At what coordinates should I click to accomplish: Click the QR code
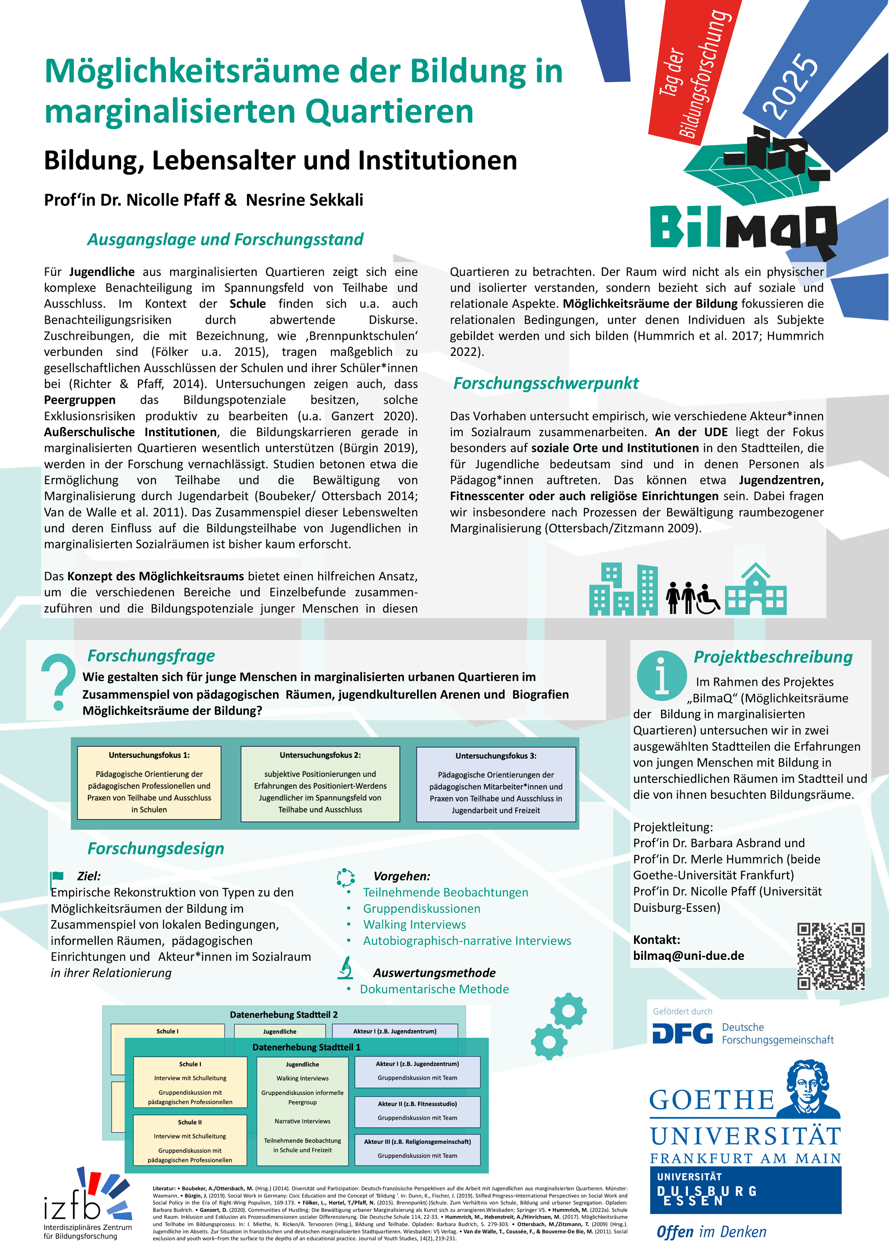(x=831, y=956)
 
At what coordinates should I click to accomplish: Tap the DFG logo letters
(x=682, y=1033)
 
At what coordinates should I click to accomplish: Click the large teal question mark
(x=58, y=682)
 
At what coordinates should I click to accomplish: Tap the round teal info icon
(x=661, y=676)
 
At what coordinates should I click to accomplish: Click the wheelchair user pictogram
(x=707, y=599)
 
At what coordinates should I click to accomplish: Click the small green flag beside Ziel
(x=57, y=876)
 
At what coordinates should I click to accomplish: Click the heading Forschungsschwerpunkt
(x=546, y=383)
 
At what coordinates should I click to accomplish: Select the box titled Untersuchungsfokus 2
(x=320, y=783)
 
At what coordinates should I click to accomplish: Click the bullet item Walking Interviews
(x=414, y=924)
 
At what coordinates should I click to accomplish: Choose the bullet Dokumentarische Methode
(x=434, y=989)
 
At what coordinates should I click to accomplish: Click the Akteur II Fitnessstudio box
(x=417, y=1111)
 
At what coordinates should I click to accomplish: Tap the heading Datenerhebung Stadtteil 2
(x=284, y=1014)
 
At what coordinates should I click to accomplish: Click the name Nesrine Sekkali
(x=304, y=200)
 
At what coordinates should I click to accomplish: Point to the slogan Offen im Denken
(x=711, y=1231)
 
